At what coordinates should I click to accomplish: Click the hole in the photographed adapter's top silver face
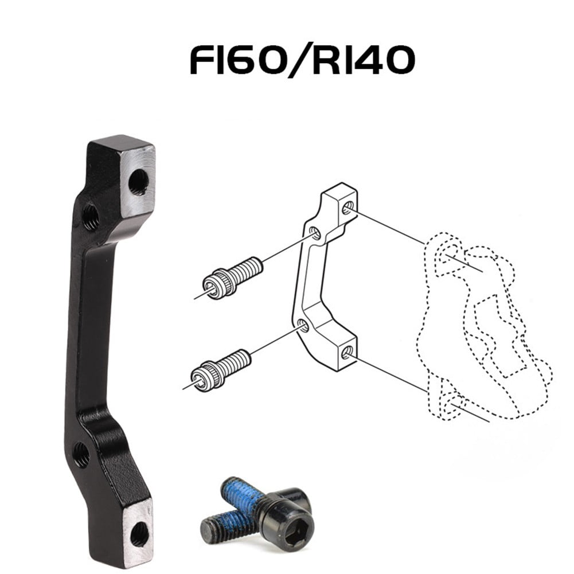(138, 182)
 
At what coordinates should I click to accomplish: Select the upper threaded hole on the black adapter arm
(91, 217)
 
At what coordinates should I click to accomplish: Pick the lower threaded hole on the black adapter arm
(81, 454)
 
